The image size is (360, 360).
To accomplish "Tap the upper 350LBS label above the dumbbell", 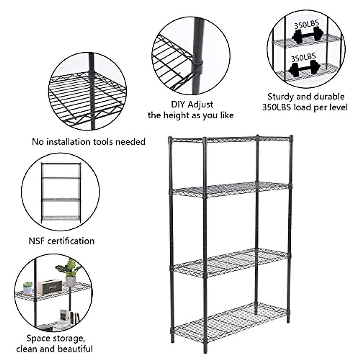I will (306, 25).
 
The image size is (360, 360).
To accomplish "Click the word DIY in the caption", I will (178, 104).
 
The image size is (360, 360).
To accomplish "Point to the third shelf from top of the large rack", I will (231, 263).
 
